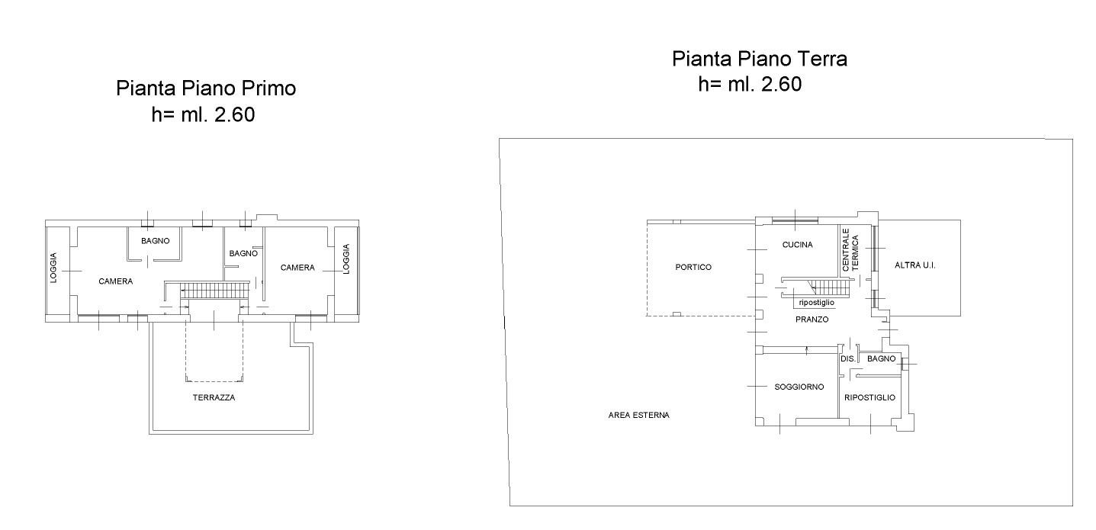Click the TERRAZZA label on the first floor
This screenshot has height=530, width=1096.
click(x=214, y=398)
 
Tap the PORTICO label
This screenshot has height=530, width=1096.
click(x=693, y=267)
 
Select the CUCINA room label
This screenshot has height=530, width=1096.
click(x=797, y=245)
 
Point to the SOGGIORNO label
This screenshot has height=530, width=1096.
click(x=799, y=387)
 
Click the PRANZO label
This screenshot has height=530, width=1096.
click(x=812, y=320)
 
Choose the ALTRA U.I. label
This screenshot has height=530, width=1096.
click(x=915, y=265)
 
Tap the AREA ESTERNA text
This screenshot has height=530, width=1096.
click(x=638, y=415)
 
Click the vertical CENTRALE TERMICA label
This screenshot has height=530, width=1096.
click(x=850, y=249)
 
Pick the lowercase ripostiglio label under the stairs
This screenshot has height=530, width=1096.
click(x=817, y=303)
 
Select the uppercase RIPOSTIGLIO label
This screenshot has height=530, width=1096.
click(x=869, y=398)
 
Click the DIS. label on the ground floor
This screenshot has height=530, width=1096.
click(x=848, y=358)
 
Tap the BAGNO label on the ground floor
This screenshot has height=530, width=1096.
click(x=881, y=358)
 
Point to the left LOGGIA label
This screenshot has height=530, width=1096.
click(x=53, y=268)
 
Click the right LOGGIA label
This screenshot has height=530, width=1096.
click(x=346, y=259)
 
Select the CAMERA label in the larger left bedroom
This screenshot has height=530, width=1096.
click(x=115, y=281)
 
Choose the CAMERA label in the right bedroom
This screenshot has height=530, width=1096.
click(x=297, y=268)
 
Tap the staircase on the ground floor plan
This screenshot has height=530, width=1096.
click(x=828, y=287)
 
